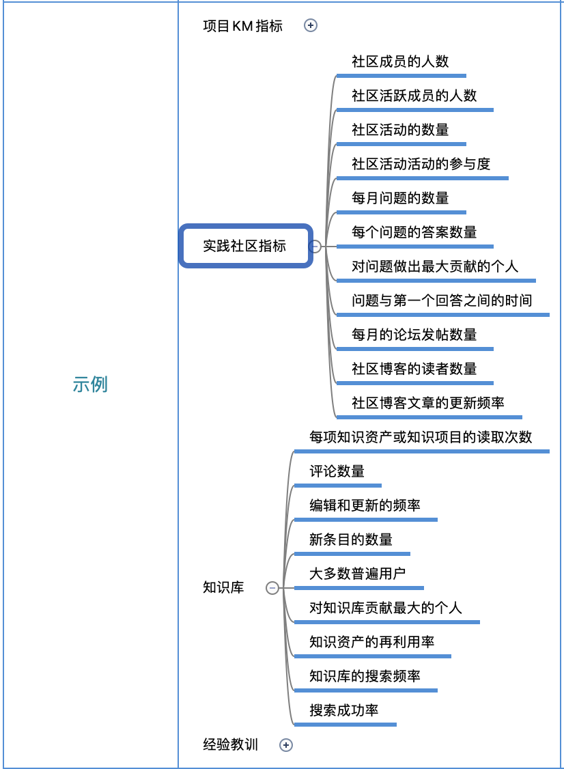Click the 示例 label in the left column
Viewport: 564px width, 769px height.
(90, 384)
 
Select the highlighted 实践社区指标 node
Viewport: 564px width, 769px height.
(245, 247)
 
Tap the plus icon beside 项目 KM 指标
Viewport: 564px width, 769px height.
(311, 26)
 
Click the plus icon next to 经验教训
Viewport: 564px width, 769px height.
(286, 745)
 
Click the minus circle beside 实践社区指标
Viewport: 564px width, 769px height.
(315, 247)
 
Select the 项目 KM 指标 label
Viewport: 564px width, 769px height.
(242, 26)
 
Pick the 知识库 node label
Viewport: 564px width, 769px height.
(223, 587)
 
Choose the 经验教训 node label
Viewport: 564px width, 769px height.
(230, 744)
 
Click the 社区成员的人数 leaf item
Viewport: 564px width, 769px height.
(400, 61)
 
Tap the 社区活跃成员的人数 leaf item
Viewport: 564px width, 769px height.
(414, 96)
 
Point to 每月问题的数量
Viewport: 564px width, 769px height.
(400, 198)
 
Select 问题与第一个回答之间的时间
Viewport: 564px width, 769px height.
(442, 300)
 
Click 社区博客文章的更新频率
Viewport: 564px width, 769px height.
(428, 403)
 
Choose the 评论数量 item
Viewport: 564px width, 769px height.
(337, 471)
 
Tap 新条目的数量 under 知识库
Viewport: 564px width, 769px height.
(351, 540)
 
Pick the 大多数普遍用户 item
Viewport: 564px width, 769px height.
(358, 574)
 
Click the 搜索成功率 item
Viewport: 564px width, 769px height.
(343, 710)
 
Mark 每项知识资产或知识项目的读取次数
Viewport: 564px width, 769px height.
(421, 437)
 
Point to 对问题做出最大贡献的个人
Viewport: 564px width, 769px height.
(435, 266)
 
